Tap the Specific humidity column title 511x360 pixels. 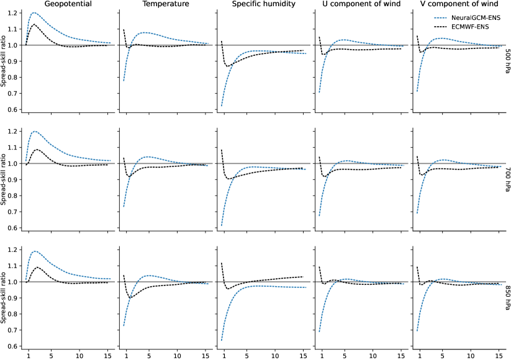coord(261,4)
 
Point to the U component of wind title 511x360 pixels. coord(360,4)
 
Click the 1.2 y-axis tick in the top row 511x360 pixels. coord(11,13)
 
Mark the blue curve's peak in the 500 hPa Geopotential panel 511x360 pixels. coord(33,12)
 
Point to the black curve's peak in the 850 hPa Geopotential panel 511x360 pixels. coord(37,267)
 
